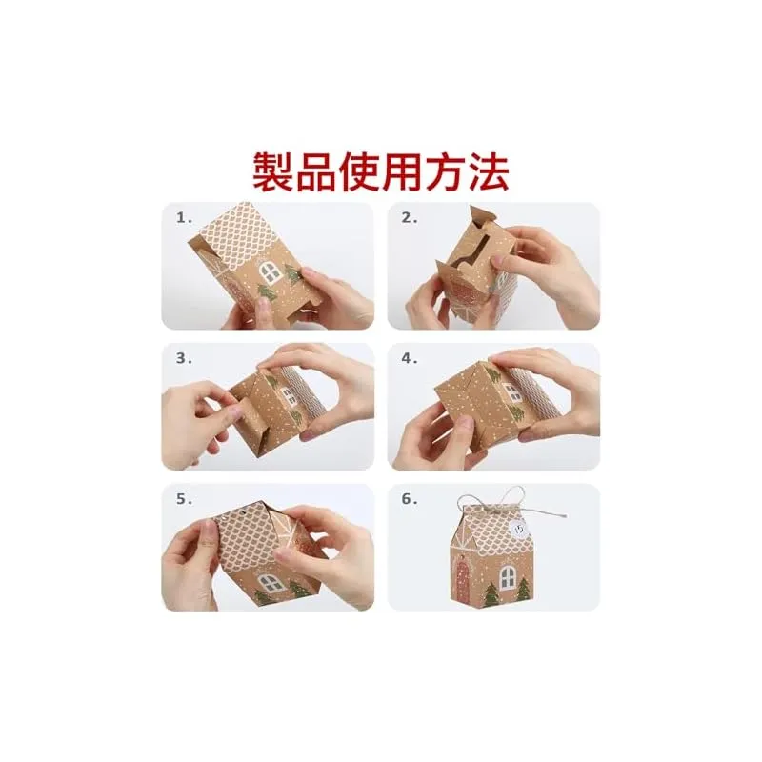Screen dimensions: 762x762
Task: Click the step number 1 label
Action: (184, 218)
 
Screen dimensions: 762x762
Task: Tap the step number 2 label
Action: (410, 218)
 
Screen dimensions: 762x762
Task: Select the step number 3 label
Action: (184, 359)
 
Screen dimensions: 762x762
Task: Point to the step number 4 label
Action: (410, 359)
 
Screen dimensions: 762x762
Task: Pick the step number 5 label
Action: (184, 499)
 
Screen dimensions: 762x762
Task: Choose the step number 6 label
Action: (410, 499)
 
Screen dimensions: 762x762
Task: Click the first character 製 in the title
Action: (273, 171)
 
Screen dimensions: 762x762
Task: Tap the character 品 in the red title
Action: (316, 171)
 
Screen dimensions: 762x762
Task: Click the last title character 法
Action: (489, 171)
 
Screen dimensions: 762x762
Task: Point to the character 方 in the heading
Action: (445, 171)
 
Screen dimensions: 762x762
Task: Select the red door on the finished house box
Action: (462, 577)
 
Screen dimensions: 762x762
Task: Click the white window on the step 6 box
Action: (508, 577)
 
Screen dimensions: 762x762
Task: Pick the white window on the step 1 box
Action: (271, 272)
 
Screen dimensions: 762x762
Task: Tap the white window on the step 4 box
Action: (513, 392)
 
